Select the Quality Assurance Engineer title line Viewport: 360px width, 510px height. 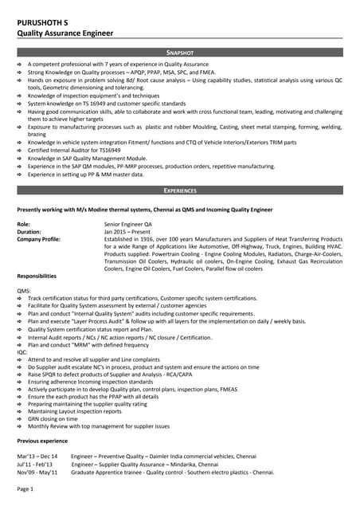[x=65, y=33]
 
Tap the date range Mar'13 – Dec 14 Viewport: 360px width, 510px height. [x=37, y=456]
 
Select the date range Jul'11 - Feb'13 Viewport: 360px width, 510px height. [x=35, y=464]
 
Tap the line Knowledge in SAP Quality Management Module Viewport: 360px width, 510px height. [x=88, y=158]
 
